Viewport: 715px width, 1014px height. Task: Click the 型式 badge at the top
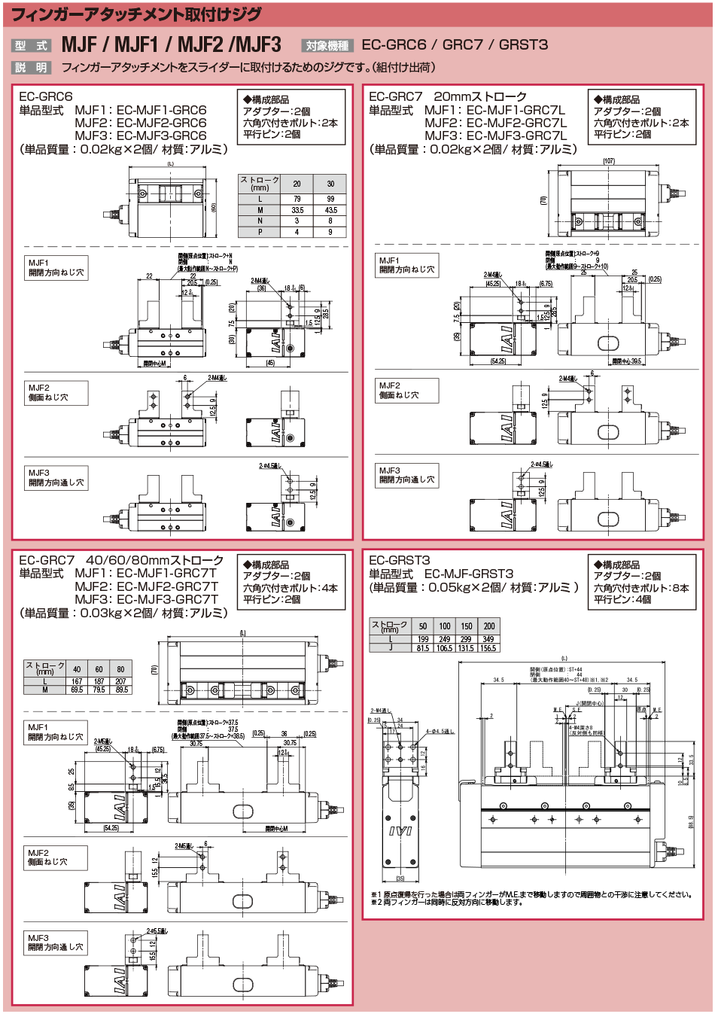point(31,46)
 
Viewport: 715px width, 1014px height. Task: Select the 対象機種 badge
point(327,46)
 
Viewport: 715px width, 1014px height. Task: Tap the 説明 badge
point(31,68)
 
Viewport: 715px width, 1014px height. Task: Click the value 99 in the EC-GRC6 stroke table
point(330,199)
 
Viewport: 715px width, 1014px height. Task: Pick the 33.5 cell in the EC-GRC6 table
point(297,210)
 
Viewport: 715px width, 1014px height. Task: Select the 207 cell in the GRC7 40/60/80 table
point(120,681)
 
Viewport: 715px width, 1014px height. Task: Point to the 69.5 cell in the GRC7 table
point(77,690)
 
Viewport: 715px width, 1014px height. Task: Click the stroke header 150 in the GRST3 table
point(467,626)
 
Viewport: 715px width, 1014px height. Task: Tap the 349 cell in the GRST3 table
point(488,639)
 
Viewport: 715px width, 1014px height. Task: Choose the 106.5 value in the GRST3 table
point(445,648)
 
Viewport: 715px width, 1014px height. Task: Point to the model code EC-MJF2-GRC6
point(161,123)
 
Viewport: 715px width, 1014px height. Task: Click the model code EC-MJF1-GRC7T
point(167,574)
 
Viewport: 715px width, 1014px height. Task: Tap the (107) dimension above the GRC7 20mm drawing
point(609,161)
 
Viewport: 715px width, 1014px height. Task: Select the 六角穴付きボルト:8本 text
point(641,588)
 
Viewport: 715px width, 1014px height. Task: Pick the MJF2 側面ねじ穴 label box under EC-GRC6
point(56,392)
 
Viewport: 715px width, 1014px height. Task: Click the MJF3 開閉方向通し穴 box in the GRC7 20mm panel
point(406,475)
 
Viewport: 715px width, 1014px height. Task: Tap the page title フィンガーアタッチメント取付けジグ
point(136,14)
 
